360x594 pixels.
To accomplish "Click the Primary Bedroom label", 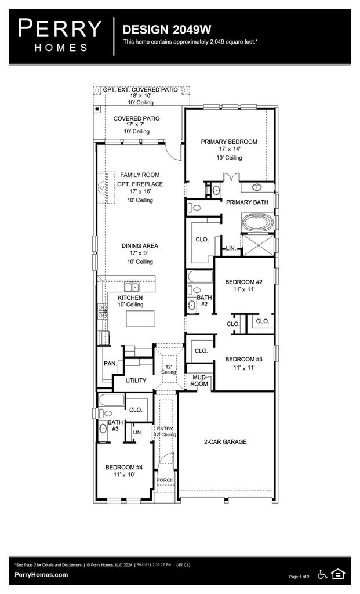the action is (229, 142).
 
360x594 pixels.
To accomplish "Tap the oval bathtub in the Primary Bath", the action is (258, 222).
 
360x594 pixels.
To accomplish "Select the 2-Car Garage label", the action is (226, 441).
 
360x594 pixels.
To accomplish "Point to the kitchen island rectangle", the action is (140, 318).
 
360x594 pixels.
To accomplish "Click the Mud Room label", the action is (199, 381).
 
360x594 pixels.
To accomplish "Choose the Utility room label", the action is (136, 381).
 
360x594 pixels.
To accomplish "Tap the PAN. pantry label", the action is (110, 363).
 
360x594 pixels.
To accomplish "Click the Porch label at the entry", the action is (165, 480).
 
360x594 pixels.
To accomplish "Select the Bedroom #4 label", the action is (124, 467).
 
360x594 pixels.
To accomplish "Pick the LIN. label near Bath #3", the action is (137, 432).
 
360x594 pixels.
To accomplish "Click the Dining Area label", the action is (140, 246).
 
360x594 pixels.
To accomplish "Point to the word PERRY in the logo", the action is (60, 28).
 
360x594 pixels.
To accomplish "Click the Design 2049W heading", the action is (166, 30).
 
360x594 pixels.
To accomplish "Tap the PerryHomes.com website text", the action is (41, 575).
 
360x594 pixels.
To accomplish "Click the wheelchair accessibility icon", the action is (322, 574).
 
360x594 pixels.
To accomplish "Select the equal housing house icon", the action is (337, 574).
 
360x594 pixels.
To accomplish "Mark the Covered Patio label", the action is (136, 118).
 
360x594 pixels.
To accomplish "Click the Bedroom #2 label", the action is (243, 282).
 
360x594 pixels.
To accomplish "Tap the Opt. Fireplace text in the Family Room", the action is (140, 184).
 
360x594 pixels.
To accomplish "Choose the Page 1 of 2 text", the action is (299, 577).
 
